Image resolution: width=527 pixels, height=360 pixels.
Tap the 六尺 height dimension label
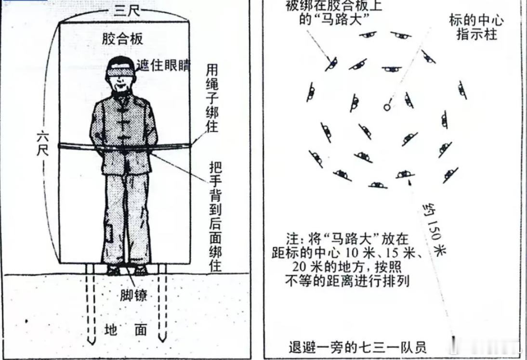[x=43, y=144]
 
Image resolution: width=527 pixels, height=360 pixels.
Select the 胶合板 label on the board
[x=123, y=39]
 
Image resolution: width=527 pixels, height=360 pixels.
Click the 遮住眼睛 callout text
[x=163, y=65]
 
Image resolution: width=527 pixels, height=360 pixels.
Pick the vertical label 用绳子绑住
[x=212, y=98]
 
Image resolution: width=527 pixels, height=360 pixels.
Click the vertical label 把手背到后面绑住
[x=215, y=217]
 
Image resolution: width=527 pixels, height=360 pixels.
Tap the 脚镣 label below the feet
[x=133, y=296]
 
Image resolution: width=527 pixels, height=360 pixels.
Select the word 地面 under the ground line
[x=126, y=330]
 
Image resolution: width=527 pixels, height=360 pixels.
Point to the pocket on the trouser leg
[x=109, y=233]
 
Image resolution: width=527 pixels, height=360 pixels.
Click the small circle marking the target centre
[x=387, y=107]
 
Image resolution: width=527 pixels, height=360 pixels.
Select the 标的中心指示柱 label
[x=476, y=27]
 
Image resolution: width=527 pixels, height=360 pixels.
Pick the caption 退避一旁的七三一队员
[x=357, y=347]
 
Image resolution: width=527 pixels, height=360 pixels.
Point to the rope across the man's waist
[x=125, y=146]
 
